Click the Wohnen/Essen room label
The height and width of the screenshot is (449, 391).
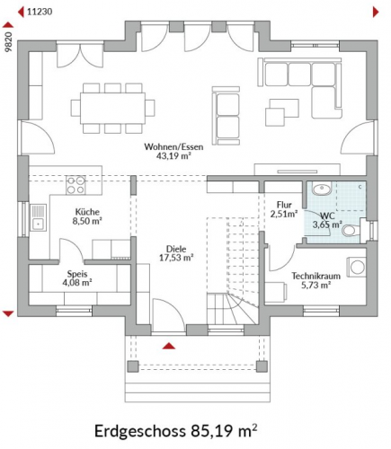173,147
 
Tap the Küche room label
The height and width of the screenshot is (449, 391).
87,212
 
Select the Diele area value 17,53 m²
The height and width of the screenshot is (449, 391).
176,258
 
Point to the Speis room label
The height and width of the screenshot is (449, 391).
77,274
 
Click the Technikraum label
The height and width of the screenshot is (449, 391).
316,276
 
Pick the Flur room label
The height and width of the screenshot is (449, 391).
284,205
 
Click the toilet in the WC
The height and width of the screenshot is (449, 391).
351,231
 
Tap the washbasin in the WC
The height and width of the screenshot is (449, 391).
322,189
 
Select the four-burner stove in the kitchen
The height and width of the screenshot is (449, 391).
76,185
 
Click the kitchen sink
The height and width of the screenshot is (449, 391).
39,217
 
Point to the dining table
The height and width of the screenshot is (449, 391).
112,108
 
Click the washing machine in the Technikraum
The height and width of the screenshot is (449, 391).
357,267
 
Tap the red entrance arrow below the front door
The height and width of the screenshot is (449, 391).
169,346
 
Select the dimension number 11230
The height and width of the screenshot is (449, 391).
40,12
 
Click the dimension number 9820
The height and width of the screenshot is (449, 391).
9,41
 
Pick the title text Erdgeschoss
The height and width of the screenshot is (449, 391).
140,431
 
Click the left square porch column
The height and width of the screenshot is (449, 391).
133,366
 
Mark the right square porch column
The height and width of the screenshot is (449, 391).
262,366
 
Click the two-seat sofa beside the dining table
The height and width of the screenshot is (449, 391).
227,116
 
